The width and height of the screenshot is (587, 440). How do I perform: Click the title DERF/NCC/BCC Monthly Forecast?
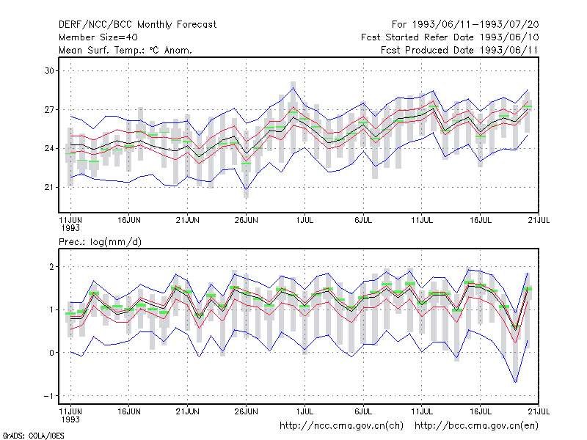[x=137, y=25]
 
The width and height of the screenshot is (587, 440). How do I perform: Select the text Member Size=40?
[x=98, y=37]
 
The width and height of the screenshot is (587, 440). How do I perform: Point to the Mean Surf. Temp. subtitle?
[x=125, y=50]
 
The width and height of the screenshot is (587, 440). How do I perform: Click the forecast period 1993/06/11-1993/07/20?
[x=465, y=25]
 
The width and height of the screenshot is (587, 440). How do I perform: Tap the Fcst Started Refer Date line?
[x=450, y=37]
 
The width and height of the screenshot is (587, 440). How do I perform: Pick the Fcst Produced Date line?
[x=459, y=50]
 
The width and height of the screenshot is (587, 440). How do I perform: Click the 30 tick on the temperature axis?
[x=49, y=70]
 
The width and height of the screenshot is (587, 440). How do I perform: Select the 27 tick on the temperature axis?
[x=49, y=109]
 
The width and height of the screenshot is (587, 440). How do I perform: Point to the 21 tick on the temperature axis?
[x=49, y=187]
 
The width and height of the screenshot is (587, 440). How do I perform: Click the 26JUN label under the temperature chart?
[x=246, y=220]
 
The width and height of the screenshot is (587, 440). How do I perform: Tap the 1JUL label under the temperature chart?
[x=305, y=220]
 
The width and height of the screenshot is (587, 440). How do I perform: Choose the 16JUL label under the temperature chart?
[x=481, y=220]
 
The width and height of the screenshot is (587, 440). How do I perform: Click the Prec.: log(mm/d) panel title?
[x=100, y=242]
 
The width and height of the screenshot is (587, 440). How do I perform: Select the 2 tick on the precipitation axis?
[x=51, y=267]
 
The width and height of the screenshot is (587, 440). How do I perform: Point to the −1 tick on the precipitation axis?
[x=49, y=396]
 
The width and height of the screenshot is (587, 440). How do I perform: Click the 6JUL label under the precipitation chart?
[x=363, y=411]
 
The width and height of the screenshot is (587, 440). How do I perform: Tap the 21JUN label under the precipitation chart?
[x=188, y=411]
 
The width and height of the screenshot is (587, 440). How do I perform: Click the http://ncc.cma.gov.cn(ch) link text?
[x=341, y=426]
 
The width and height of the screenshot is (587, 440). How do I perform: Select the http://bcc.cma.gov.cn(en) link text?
[x=476, y=426]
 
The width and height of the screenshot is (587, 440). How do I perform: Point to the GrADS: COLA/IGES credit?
[x=33, y=436]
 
